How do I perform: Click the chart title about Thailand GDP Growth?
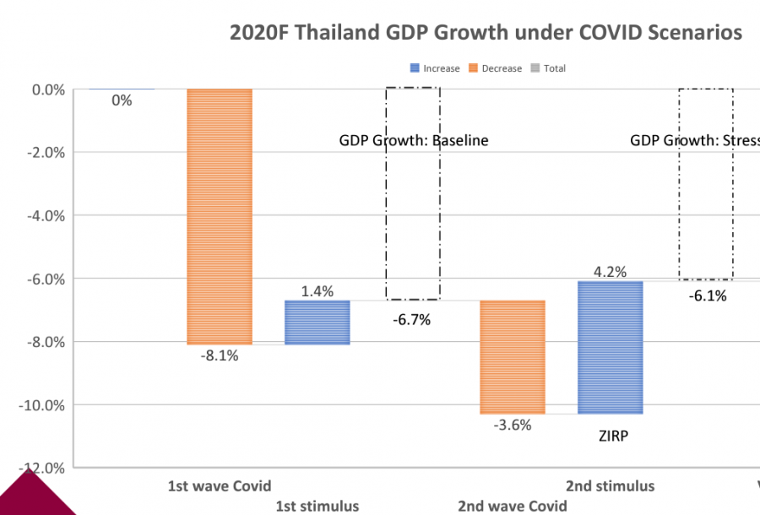tap(486, 33)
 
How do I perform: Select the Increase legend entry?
tap(434, 68)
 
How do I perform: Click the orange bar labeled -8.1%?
tap(220, 216)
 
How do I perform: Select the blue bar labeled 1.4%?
tap(318, 322)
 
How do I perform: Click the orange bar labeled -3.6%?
tap(513, 356)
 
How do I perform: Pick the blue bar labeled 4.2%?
tap(611, 347)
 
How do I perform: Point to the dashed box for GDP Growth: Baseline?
tap(412, 193)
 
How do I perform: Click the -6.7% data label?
tap(412, 320)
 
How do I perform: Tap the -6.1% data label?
tap(707, 295)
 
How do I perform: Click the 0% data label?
tap(122, 100)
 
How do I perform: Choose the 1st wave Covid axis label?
tap(220, 485)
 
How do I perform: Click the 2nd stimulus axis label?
tap(610, 485)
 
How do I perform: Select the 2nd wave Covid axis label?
tap(513, 506)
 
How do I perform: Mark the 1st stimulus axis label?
tap(318, 506)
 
